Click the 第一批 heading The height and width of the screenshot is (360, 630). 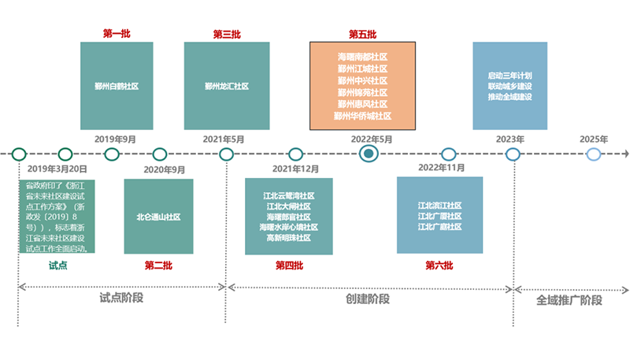point(117,34)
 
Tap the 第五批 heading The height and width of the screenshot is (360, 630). point(362,34)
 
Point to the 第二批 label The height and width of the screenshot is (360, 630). point(157,265)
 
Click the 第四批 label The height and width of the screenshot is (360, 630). point(289,265)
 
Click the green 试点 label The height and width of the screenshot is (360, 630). point(58,265)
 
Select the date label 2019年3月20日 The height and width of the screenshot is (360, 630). point(57,169)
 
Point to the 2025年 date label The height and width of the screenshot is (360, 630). point(594,139)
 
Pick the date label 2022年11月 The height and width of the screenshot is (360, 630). point(441,168)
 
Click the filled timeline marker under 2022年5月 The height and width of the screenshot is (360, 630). point(367,154)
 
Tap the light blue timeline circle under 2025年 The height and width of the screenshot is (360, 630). point(594,154)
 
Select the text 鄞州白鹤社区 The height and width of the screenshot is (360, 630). point(117,86)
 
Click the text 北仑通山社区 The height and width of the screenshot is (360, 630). point(158,216)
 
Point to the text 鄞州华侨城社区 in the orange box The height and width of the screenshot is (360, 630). point(362,116)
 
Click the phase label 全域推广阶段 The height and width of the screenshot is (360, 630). point(569,300)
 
